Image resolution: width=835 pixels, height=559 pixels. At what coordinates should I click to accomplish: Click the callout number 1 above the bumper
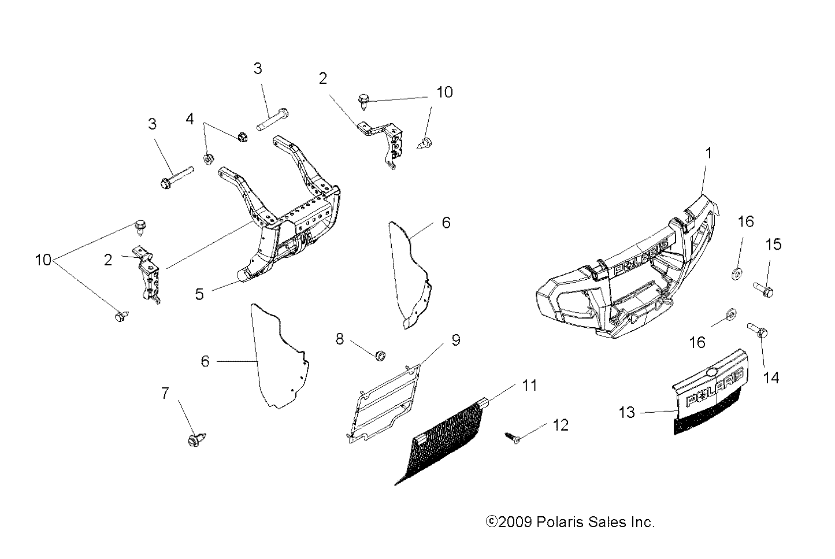pyautogui.click(x=709, y=153)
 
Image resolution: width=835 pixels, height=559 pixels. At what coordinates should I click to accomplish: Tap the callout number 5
pyautogui.click(x=199, y=294)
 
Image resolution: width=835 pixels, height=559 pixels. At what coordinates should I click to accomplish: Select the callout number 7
pyautogui.click(x=165, y=394)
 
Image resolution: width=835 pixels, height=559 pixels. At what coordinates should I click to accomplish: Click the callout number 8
pyautogui.click(x=340, y=339)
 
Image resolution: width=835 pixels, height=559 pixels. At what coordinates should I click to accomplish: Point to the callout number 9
pyautogui.click(x=455, y=340)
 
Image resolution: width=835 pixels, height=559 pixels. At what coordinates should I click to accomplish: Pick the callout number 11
pyautogui.click(x=529, y=385)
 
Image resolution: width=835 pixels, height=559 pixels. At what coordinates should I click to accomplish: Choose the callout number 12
pyautogui.click(x=561, y=425)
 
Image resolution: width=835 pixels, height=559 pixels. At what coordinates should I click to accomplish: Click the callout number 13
pyautogui.click(x=627, y=412)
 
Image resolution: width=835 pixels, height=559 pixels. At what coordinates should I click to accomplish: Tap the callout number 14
pyautogui.click(x=771, y=377)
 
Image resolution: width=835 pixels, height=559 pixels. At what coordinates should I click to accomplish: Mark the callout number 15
pyautogui.click(x=773, y=245)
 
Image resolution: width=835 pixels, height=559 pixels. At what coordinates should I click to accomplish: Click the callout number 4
pyautogui.click(x=190, y=120)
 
